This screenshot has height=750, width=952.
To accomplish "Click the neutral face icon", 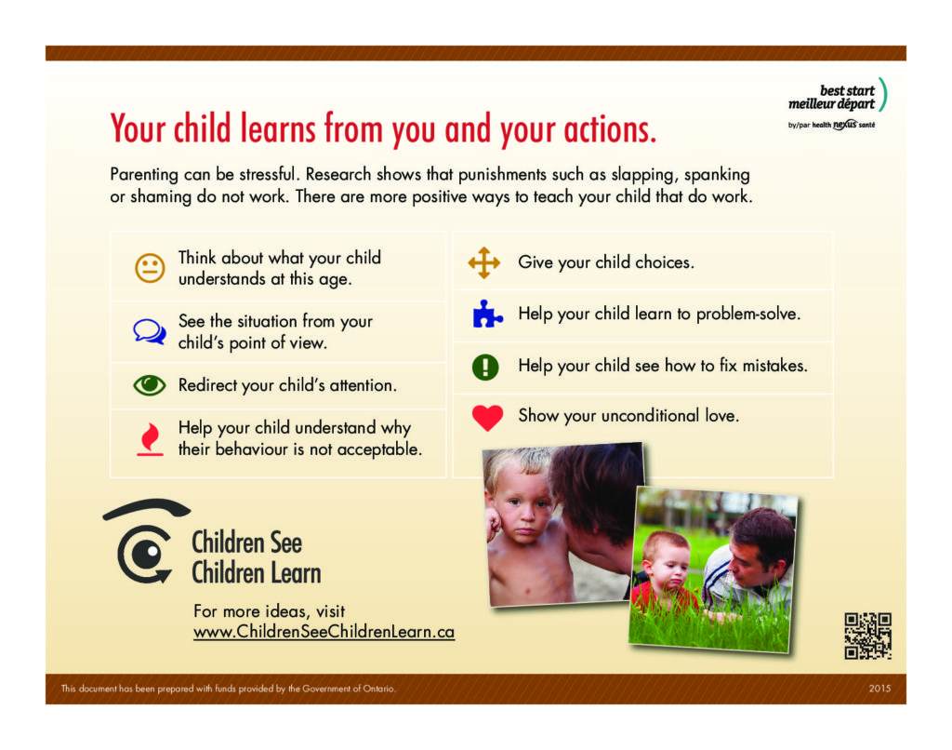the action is pyautogui.click(x=150, y=268).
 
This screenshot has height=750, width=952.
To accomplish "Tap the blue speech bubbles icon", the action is pyautogui.click(x=150, y=331).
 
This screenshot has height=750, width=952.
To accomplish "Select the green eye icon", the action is pyautogui.click(x=150, y=384).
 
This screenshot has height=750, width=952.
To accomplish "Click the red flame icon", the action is pyautogui.click(x=150, y=439).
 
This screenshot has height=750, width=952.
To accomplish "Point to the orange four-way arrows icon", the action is pyautogui.click(x=483, y=262).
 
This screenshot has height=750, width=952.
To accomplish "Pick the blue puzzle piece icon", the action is pyautogui.click(x=487, y=314).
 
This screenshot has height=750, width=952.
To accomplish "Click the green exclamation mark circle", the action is pyautogui.click(x=485, y=367).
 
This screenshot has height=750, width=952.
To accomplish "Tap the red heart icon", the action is pyautogui.click(x=487, y=418).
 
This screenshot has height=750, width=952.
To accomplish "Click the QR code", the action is pyautogui.click(x=867, y=636).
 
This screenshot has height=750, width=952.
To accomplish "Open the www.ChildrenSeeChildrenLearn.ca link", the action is pyautogui.click(x=324, y=632).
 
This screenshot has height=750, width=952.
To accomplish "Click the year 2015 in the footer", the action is pyautogui.click(x=879, y=689).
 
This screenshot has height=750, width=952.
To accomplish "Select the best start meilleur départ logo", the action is pyautogui.click(x=838, y=103).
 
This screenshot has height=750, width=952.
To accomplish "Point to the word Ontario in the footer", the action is pyautogui.click(x=379, y=689).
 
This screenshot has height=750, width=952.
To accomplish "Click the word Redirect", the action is pyautogui.click(x=207, y=385).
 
